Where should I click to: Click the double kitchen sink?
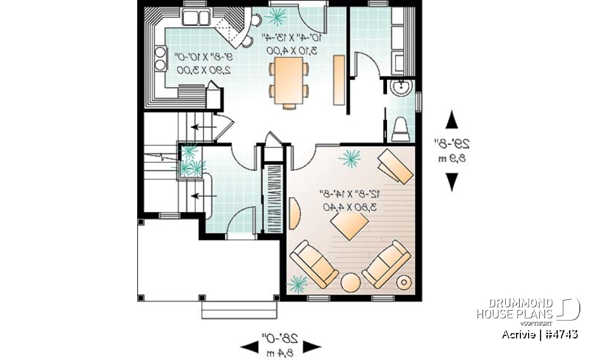tap(196, 17)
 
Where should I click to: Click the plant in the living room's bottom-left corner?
tap(297, 284)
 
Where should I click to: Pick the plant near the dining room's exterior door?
tap(276, 16)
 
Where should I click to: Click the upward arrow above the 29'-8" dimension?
tap(451, 120)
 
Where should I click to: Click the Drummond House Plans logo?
tap(528, 309)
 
